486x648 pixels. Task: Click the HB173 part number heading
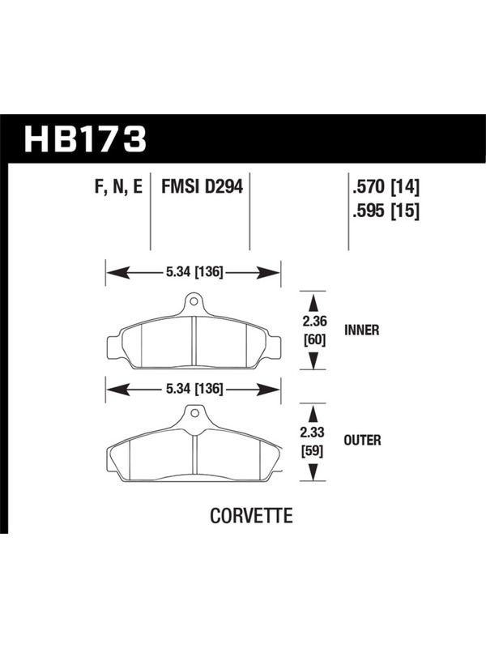(86, 139)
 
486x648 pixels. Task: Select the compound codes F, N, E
(118, 187)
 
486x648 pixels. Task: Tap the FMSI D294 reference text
(202, 186)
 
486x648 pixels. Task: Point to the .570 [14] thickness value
(386, 188)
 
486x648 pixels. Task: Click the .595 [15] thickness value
(386, 211)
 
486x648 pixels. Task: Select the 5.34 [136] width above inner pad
(194, 272)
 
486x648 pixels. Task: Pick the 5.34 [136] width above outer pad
(194, 389)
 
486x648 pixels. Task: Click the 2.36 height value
(313, 321)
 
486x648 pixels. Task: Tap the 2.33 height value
(313, 433)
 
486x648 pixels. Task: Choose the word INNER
(361, 330)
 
